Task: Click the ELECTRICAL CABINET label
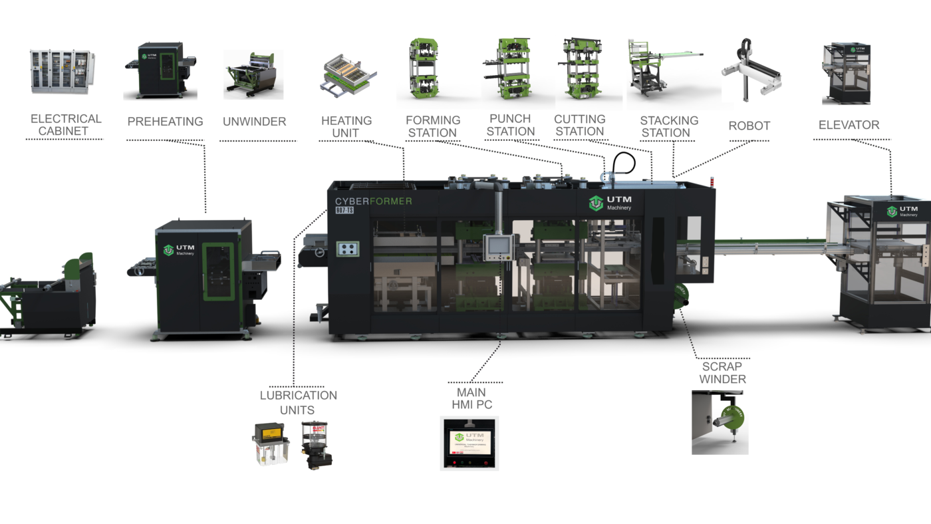point(66,125)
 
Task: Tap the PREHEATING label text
point(165,122)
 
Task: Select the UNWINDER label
point(255,122)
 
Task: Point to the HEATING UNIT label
point(346,126)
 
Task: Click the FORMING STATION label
point(433,126)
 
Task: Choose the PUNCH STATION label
point(511,125)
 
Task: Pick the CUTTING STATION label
point(580,125)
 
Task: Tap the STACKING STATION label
point(669,126)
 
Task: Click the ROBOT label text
point(749,126)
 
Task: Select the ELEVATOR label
point(849,125)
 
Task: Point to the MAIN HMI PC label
point(472,398)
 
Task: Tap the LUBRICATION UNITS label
point(298,402)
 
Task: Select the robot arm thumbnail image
point(750,71)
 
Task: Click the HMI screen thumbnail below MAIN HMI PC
point(469,443)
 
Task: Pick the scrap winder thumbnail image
point(720,422)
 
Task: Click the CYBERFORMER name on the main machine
point(373,201)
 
